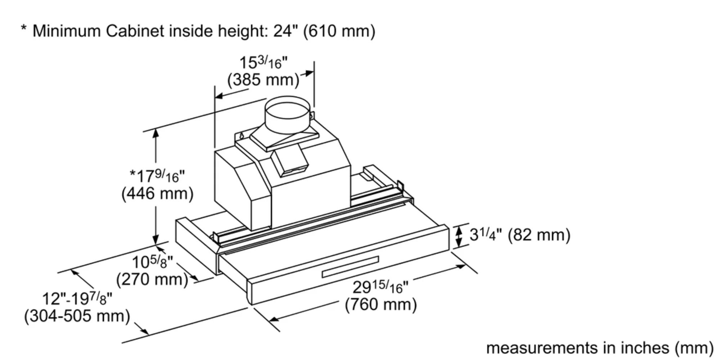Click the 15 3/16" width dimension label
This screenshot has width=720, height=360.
click(x=264, y=63)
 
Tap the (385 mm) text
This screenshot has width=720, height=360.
click(x=263, y=80)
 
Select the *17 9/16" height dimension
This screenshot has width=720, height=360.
click(x=157, y=176)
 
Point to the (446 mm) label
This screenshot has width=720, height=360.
click(x=157, y=194)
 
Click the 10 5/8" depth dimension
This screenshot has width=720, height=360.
click(x=152, y=262)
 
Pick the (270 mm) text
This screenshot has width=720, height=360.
click(x=152, y=279)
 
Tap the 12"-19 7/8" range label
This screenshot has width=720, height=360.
click(x=77, y=298)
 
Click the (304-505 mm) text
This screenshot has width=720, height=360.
click(x=77, y=316)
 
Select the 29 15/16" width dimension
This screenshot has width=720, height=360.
click(x=381, y=287)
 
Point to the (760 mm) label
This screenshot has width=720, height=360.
click(x=381, y=305)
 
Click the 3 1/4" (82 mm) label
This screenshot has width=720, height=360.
click(x=520, y=235)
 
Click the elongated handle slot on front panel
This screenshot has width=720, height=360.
click(x=350, y=267)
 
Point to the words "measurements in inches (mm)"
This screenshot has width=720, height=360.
click(x=599, y=348)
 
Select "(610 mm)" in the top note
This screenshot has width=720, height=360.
click(x=339, y=31)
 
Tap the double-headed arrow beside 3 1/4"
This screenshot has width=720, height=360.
click(x=459, y=236)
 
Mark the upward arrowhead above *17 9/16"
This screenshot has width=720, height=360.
click(x=156, y=133)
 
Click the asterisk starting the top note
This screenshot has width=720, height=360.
click(x=24, y=29)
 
